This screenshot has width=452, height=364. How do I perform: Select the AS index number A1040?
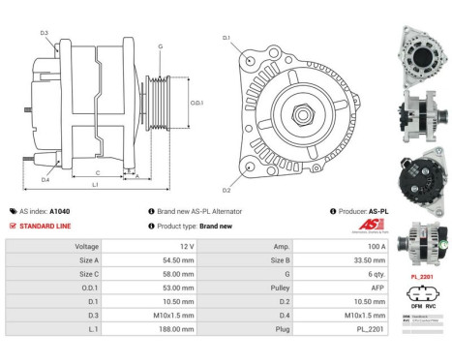click(x=59, y=211)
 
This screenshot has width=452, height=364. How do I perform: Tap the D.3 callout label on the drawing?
click(x=45, y=34)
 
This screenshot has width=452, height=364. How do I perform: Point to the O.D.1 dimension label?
click(x=196, y=103)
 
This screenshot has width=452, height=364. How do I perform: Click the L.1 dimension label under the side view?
click(x=94, y=184)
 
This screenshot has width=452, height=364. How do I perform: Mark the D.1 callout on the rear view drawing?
click(x=226, y=39)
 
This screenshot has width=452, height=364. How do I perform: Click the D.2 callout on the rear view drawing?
click(x=226, y=190)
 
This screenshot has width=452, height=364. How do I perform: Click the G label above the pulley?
click(x=160, y=46)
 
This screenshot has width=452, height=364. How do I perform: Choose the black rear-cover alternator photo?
click(x=422, y=178)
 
